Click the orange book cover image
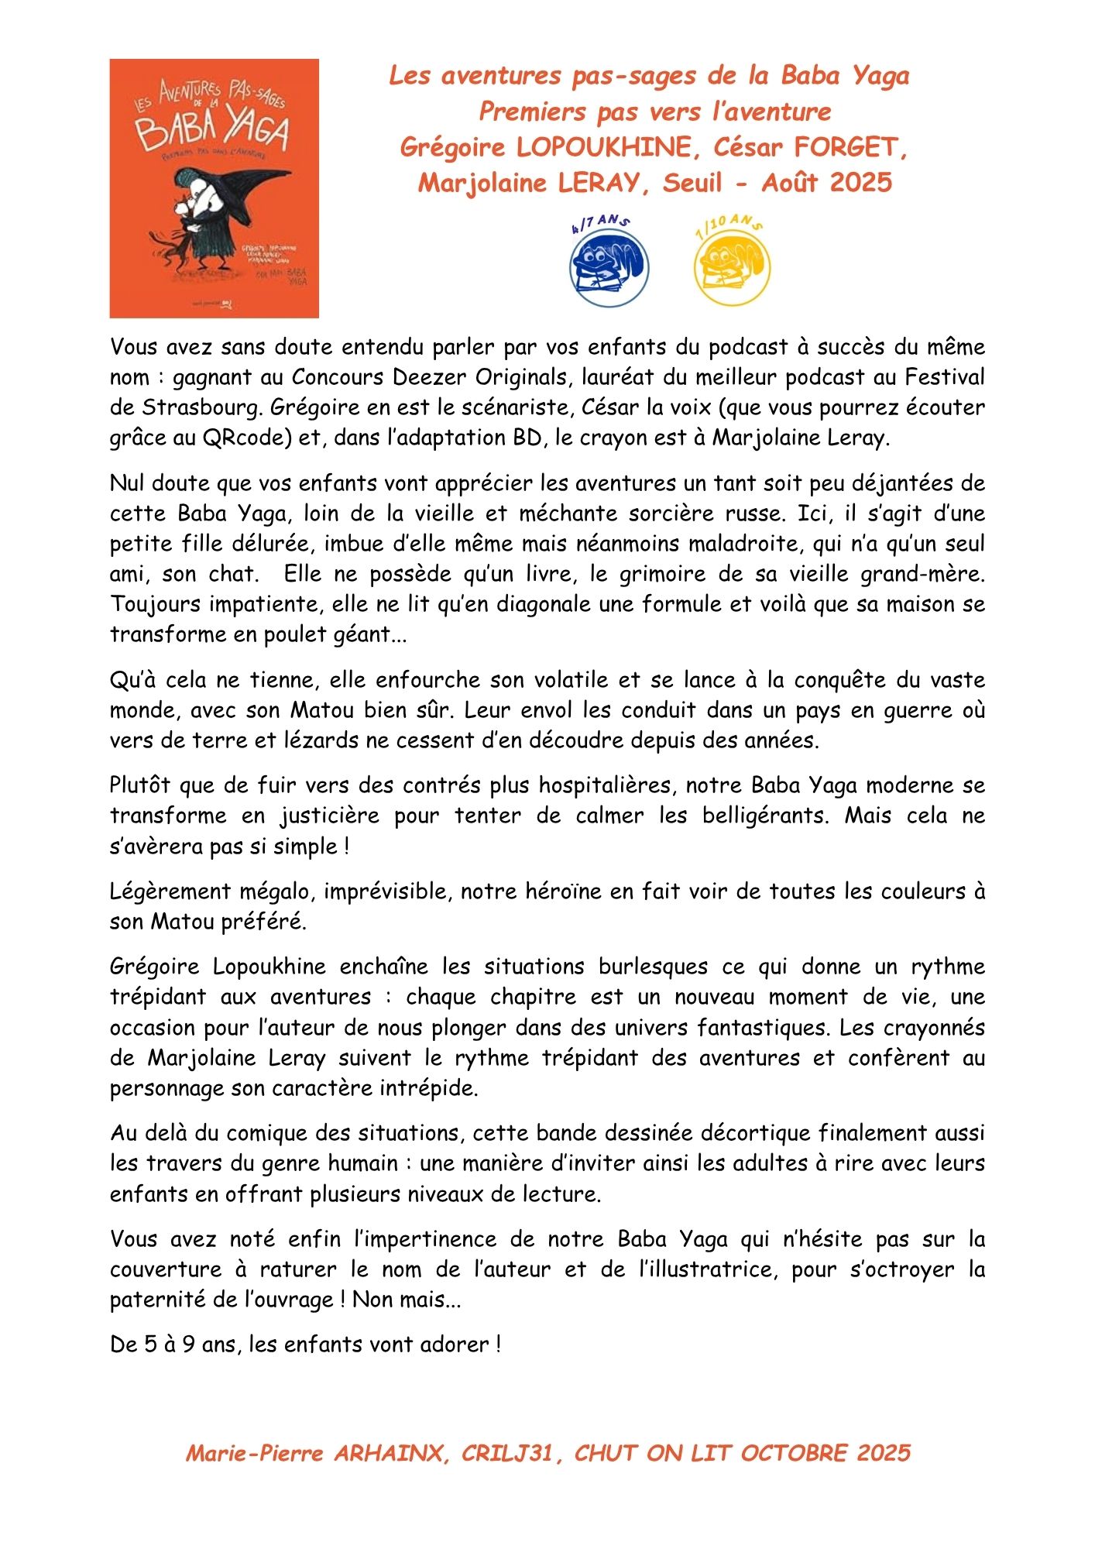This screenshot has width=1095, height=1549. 214,188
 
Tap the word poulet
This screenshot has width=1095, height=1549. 287,634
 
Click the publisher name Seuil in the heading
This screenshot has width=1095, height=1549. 692,183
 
